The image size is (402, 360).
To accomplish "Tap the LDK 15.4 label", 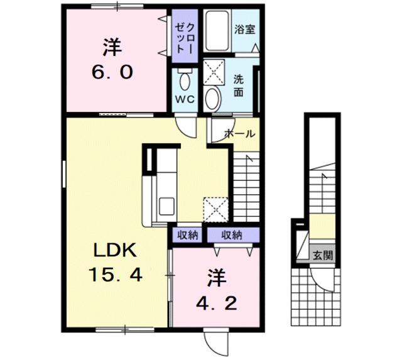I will pos(114,263).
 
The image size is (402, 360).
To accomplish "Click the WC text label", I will pos(185,99).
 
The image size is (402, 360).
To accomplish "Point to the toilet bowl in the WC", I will pos(185,80).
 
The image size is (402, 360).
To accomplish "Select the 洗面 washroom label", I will pos(239,85).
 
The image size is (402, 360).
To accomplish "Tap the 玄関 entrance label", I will pos(323,255).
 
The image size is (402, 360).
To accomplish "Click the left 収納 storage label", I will pos(187,235).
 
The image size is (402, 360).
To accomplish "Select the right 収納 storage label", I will pos(232,235).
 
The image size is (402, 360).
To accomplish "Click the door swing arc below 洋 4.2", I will pos(214,342).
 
